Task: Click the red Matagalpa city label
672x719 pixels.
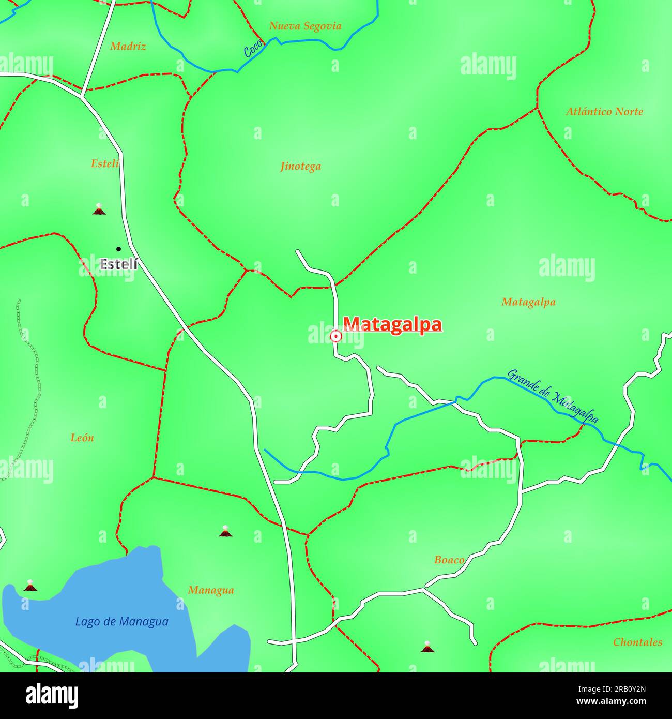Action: click(392, 325)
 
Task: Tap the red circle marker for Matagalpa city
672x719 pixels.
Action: click(335, 337)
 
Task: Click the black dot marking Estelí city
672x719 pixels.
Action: click(118, 249)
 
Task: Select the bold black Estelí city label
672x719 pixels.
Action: click(118, 264)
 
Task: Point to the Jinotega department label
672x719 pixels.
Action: click(300, 166)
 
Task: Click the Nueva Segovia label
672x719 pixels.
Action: click(305, 26)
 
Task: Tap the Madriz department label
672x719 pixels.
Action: click(128, 47)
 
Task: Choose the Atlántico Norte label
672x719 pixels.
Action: click(604, 111)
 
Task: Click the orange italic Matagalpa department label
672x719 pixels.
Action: click(528, 302)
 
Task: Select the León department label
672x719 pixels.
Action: click(82, 438)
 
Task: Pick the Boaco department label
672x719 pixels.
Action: click(449, 560)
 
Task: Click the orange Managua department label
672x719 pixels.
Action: click(211, 590)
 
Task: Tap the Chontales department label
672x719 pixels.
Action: click(637, 642)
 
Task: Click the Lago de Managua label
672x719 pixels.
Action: click(121, 622)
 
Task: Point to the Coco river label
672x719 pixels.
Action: click(253, 50)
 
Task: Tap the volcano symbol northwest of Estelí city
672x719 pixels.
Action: click(99, 209)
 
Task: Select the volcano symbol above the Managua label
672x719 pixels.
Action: click(225, 531)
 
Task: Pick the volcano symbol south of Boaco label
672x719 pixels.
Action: click(427, 647)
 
